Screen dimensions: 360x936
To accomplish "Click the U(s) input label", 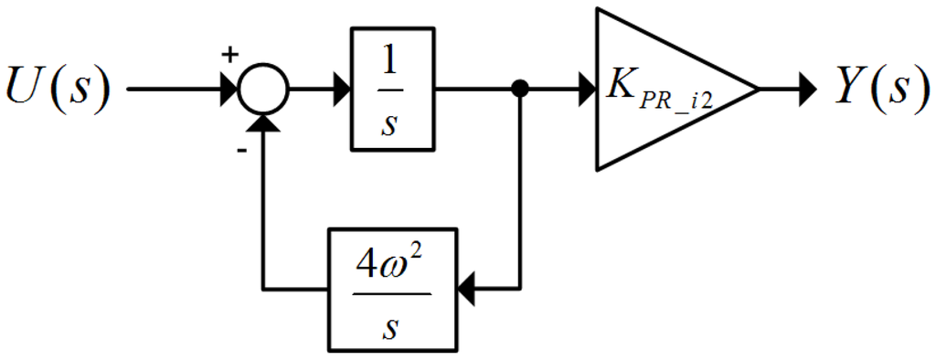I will pyautogui.click(x=58, y=90).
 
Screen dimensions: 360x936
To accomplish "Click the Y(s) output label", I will pyautogui.click(x=877, y=90).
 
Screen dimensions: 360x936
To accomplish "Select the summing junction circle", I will pyautogui.click(x=264, y=90).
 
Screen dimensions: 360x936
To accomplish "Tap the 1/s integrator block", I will pyautogui.click(x=392, y=90).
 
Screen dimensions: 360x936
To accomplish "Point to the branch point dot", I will pyautogui.click(x=520, y=90).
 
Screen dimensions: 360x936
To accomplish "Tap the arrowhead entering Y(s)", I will pyautogui.click(x=805, y=90).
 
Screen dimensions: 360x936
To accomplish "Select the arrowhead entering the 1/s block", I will pyautogui.click(x=341, y=90).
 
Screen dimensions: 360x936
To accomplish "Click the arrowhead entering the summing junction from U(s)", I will pyautogui.click(x=229, y=90).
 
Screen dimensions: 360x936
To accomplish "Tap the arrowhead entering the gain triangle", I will pyautogui.click(x=586, y=90).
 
